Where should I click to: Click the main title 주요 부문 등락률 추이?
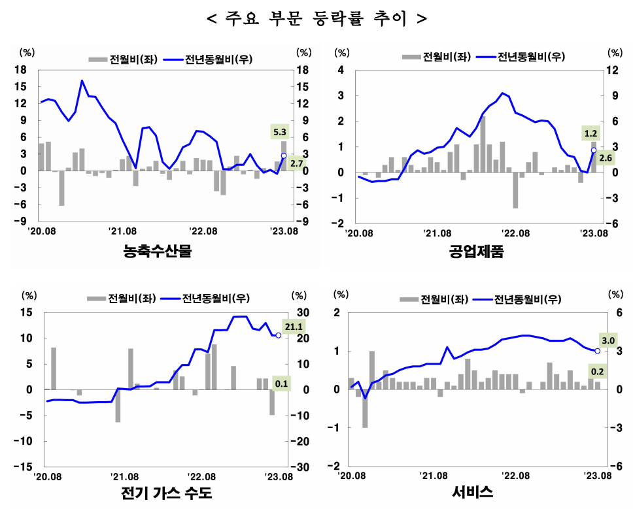[x=316, y=18]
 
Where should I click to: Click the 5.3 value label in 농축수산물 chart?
[x=279, y=132]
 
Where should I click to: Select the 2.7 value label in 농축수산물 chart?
[x=296, y=163]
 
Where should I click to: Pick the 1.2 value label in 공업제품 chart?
[x=591, y=134]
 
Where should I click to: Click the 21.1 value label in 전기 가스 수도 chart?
[x=294, y=326]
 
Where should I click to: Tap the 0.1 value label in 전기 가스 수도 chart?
[x=281, y=384]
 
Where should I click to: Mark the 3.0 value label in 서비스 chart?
[x=609, y=340]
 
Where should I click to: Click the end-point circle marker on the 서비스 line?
[x=598, y=351]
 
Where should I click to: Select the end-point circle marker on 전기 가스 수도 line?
[x=279, y=335]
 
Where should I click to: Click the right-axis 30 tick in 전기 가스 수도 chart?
[x=303, y=313]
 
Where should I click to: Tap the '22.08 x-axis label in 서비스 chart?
[x=515, y=476]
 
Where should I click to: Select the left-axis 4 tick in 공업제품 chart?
[x=340, y=71]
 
